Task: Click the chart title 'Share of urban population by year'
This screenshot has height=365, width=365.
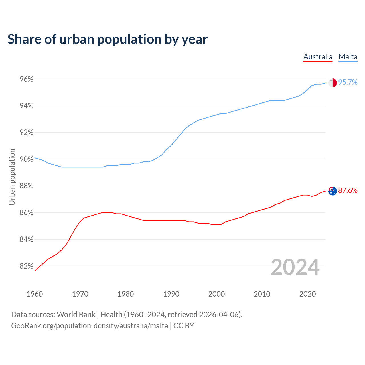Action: coord(108,39)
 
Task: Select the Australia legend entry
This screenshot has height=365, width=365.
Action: coord(318,57)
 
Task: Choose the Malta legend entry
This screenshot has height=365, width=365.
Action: coord(348,57)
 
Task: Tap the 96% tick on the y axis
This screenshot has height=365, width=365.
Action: coord(26,79)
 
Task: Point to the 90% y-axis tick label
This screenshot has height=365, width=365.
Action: coord(26,159)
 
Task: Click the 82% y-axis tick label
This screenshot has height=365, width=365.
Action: coord(26,266)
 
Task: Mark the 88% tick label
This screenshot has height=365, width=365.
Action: coord(26,186)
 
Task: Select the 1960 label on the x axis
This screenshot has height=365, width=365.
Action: coord(35,294)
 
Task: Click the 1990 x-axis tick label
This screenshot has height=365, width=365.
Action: coord(171,294)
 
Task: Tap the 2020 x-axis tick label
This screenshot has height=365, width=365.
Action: coord(307,294)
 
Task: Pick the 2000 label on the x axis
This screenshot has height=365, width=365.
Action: coord(216,294)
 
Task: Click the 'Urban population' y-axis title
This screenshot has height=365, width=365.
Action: coord(12,177)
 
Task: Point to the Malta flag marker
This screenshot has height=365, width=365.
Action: coord(333,83)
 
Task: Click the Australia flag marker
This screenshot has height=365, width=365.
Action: coord(333,191)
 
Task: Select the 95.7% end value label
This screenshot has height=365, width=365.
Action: coord(348,82)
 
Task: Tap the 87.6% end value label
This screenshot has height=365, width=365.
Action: coord(348,191)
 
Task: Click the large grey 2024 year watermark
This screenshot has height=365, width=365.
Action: coord(295,267)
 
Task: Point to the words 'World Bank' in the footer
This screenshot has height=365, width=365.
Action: coord(76,315)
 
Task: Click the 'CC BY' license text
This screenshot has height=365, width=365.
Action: coord(184,326)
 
